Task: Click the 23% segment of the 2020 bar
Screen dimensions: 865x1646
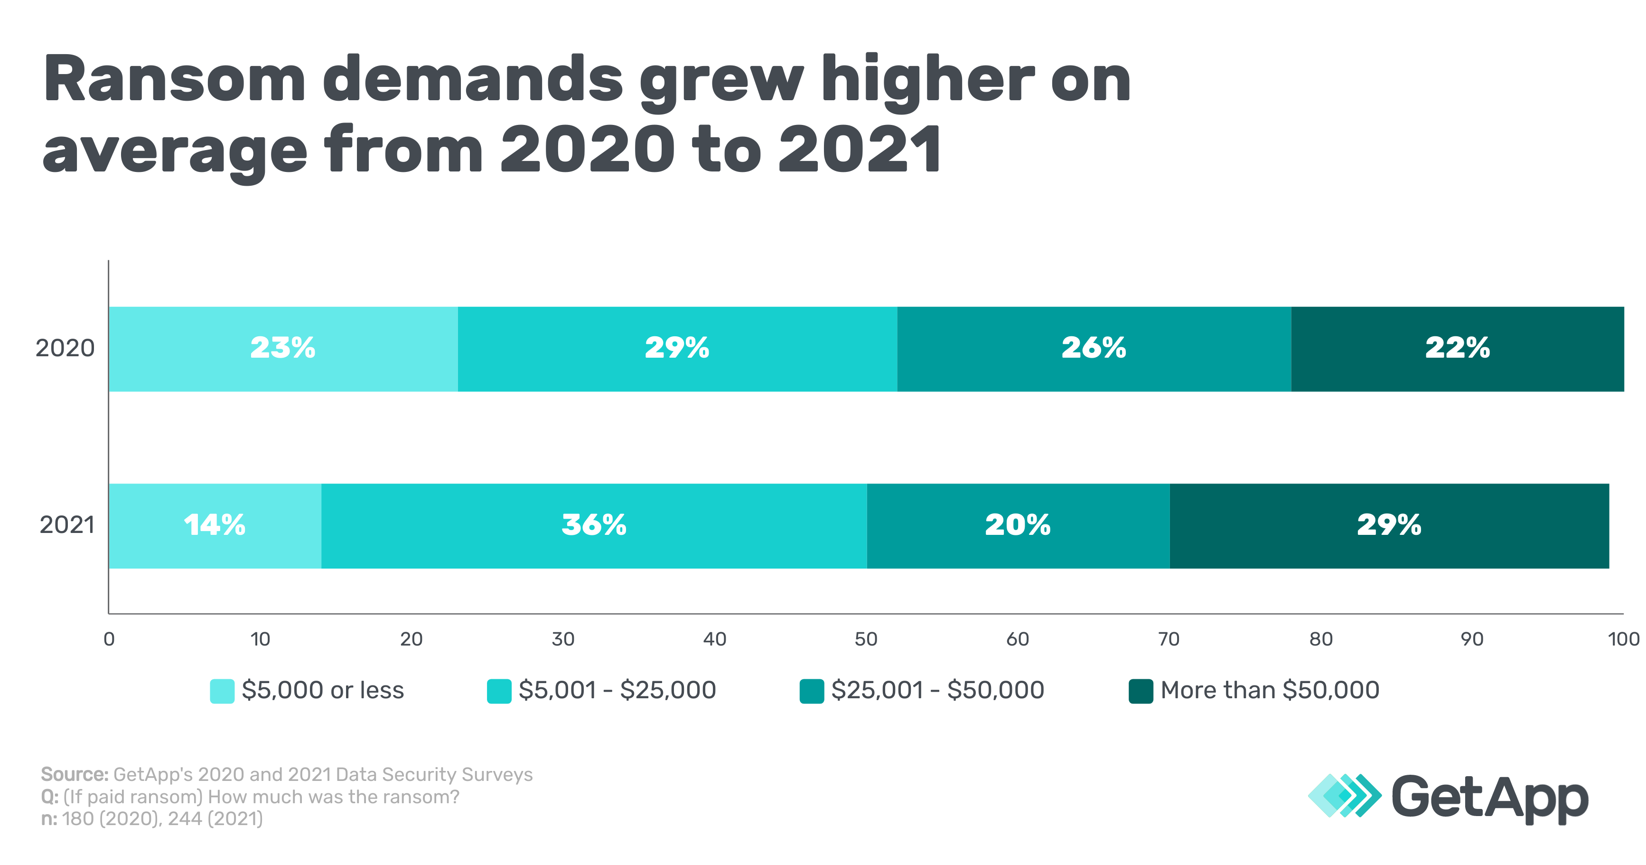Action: click(283, 349)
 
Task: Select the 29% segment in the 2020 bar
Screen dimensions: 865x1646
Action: click(677, 349)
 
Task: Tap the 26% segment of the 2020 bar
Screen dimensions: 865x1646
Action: click(1094, 349)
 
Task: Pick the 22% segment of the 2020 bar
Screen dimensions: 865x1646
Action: click(1458, 349)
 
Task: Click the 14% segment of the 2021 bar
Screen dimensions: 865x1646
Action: click(215, 525)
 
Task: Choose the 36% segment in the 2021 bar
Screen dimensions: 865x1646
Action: click(594, 525)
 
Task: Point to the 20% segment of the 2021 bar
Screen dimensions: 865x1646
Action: click(1018, 525)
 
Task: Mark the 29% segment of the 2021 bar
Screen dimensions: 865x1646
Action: click(1389, 525)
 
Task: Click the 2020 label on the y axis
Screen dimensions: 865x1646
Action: click(65, 349)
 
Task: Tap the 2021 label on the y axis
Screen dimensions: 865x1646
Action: click(67, 525)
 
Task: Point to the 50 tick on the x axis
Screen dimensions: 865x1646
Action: click(866, 639)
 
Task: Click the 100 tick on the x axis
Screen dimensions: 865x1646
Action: click(1623, 639)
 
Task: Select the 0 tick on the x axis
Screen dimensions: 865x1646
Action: click(109, 639)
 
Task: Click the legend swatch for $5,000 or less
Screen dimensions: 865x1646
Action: click(222, 691)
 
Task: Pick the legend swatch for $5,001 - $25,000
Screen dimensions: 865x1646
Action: click(498, 691)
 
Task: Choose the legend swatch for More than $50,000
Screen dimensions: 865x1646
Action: click(1141, 691)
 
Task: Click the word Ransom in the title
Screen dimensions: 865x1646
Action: click(174, 80)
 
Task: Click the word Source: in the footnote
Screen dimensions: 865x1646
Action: click(74, 775)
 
